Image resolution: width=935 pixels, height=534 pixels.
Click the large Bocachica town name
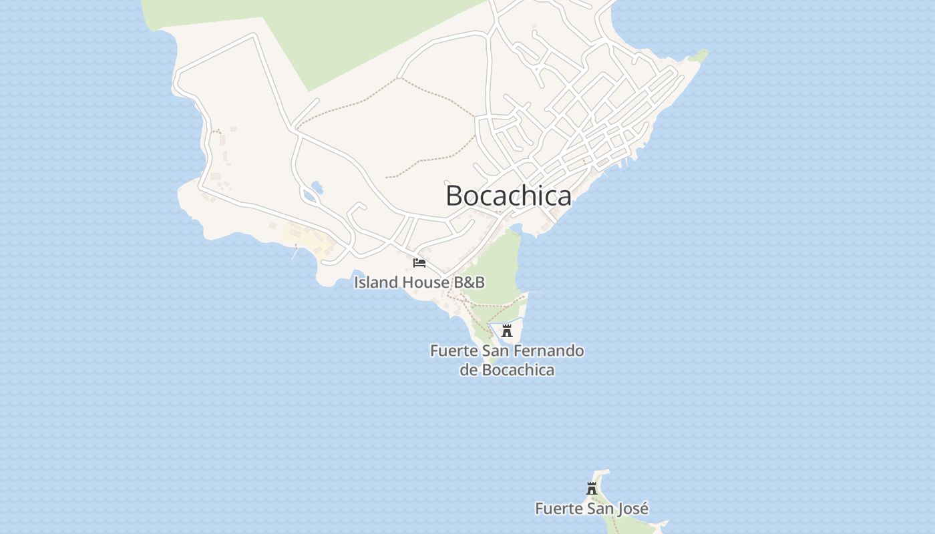click(x=508, y=196)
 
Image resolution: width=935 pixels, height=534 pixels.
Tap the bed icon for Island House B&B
click(x=419, y=262)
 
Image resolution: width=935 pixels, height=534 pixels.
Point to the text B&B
click(x=470, y=282)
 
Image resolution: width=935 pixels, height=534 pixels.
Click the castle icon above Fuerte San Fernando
click(x=507, y=330)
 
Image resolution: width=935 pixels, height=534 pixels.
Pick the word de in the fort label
click(x=468, y=370)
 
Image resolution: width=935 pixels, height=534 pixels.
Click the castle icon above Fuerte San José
click(x=591, y=489)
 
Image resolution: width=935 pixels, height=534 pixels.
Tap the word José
click(x=631, y=509)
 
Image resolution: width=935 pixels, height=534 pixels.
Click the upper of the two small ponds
click(x=317, y=187)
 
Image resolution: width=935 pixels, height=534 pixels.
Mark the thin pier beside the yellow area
click(x=295, y=253)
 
